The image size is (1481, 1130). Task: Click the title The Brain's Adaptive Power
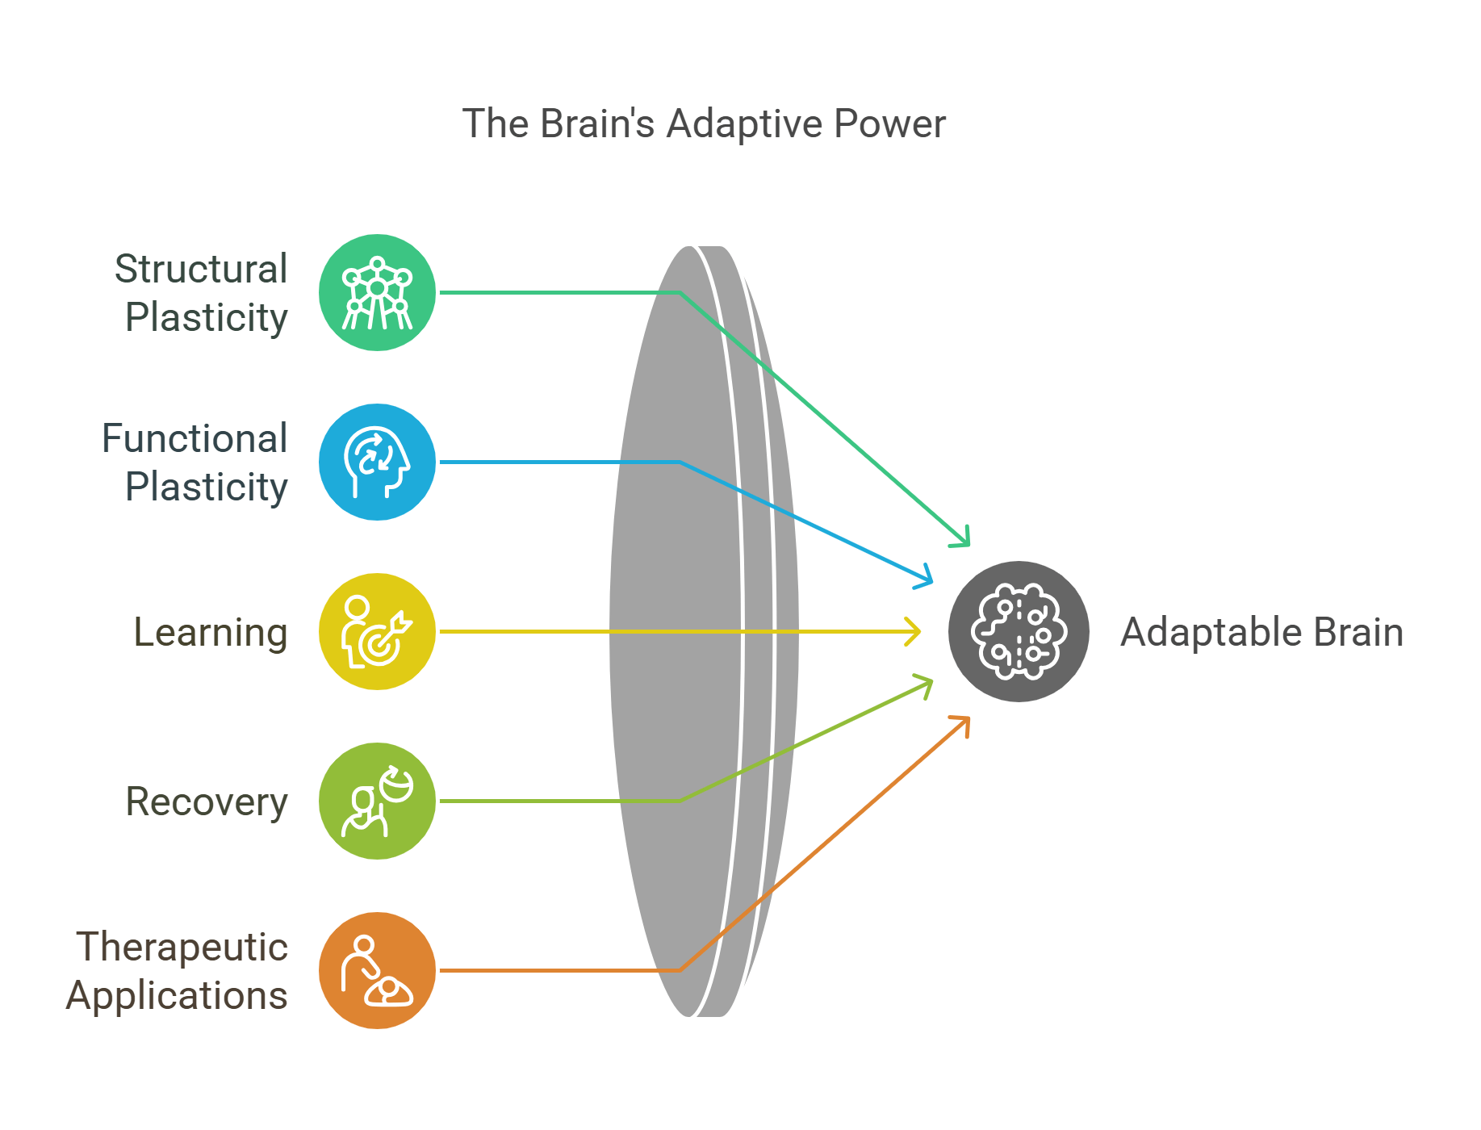pos(703,124)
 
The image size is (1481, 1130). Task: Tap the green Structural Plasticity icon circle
pos(377,293)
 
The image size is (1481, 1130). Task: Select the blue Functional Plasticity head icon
pos(377,462)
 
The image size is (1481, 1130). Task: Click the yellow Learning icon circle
pos(377,632)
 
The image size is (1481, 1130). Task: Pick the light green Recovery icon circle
pos(377,801)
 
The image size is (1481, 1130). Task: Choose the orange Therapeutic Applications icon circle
pos(377,971)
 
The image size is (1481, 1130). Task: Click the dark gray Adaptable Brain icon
pos(1019,632)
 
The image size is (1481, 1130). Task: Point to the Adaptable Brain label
pos(1261,632)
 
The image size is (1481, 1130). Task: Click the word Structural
pos(200,269)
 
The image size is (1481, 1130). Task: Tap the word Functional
pos(195,438)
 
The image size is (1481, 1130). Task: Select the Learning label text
pos(210,632)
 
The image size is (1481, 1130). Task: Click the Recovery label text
pos(207,801)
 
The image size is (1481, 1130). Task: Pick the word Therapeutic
pos(182,947)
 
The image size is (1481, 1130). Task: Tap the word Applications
pos(177,995)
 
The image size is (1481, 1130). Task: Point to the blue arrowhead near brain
pos(927,579)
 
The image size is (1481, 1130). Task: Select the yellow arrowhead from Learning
pos(914,631)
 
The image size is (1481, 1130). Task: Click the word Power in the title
pos(889,124)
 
